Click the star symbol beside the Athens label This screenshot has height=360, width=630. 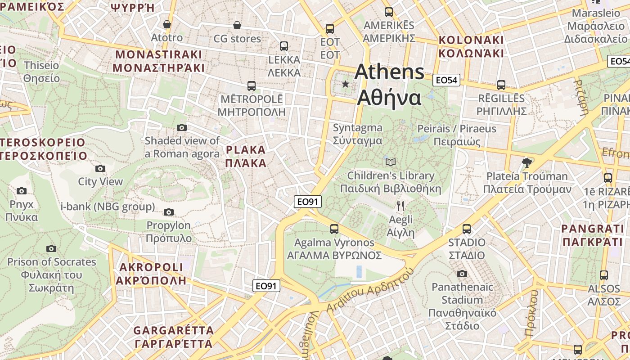[x=346, y=84]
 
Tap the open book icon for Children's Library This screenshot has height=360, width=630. [x=391, y=162]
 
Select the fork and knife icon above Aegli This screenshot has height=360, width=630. [x=400, y=206]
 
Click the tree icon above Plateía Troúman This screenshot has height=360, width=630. [x=526, y=162]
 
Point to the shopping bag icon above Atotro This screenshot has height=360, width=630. [x=167, y=24]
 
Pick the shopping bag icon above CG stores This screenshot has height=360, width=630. [x=237, y=25]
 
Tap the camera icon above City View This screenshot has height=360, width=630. [x=100, y=168]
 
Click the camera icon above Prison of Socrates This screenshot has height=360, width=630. [x=51, y=248]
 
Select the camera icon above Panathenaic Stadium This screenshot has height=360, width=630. [x=462, y=274]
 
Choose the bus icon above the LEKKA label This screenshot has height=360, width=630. [x=284, y=46]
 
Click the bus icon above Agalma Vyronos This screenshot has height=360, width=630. [x=334, y=229]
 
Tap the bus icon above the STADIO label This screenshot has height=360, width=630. [x=467, y=229]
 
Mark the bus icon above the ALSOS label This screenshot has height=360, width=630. [x=603, y=275]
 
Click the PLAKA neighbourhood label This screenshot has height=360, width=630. [x=246, y=156]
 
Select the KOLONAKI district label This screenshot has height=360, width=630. [x=471, y=46]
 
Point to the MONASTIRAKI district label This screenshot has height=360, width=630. [x=159, y=61]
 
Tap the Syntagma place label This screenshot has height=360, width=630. [x=357, y=134]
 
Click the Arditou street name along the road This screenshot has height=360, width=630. [x=369, y=292]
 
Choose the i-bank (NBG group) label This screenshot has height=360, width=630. [x=108, y=207]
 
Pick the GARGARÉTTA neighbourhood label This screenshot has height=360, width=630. [x=173, y=337]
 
